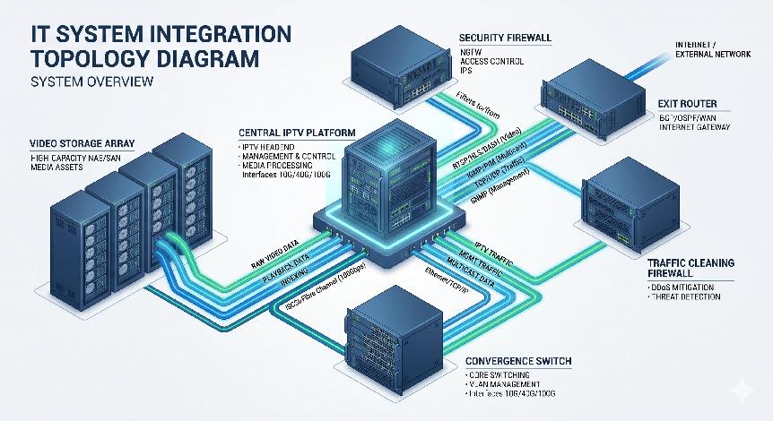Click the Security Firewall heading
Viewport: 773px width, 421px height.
coord(506,39)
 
